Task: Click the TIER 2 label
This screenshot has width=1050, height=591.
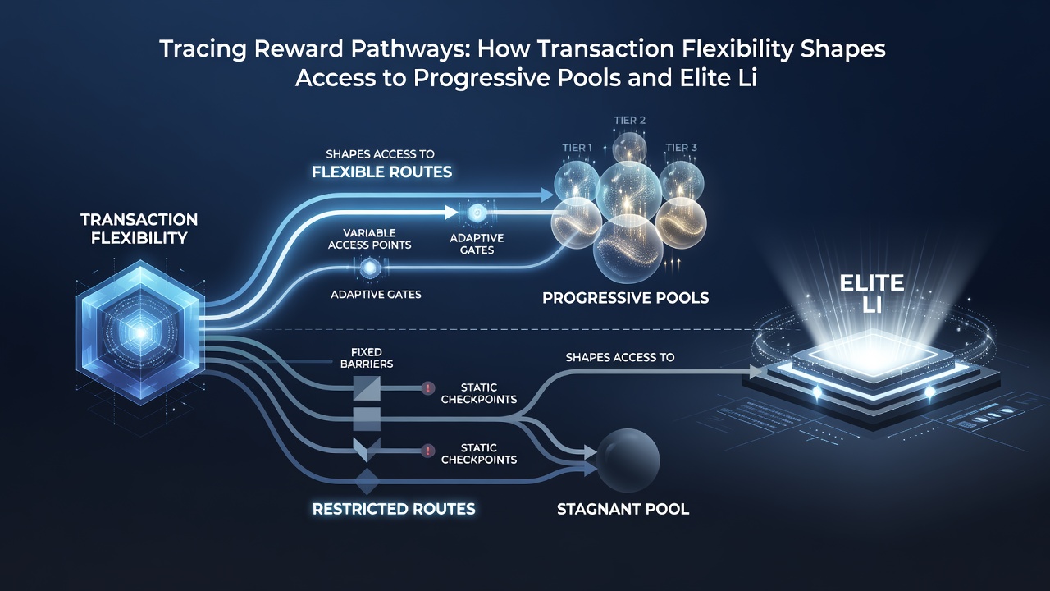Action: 629,121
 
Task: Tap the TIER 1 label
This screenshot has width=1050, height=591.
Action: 577,148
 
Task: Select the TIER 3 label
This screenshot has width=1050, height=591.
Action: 681,148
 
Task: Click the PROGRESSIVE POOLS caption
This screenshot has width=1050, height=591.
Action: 625,298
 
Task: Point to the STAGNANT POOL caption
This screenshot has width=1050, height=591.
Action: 623,509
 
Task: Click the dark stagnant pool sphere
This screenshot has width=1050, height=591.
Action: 628,460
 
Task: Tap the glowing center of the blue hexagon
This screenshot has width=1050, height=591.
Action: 140,332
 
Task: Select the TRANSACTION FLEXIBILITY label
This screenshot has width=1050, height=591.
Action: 139,228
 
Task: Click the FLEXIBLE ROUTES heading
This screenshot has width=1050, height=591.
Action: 382,172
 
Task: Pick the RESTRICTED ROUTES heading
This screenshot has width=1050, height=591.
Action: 394,509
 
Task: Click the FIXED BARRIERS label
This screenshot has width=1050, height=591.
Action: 367,358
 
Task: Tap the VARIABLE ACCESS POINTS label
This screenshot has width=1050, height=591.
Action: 369,239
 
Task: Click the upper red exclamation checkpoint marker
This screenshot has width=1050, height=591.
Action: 428,388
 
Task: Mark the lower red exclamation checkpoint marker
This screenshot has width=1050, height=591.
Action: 427,451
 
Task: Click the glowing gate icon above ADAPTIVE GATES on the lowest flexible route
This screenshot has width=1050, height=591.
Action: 370,268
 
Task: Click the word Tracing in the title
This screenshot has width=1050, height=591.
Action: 203,49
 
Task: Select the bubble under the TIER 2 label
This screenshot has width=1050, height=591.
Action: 630,147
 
